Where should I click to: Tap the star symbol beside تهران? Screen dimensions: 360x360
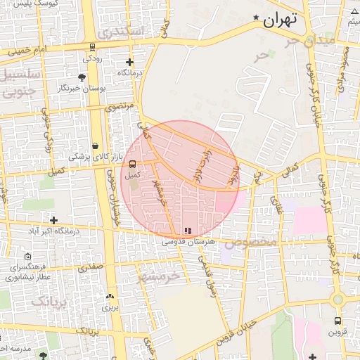257,18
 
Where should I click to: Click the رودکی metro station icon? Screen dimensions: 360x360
93,48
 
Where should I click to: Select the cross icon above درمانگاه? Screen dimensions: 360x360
128,63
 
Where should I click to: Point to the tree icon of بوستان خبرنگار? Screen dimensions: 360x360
82,77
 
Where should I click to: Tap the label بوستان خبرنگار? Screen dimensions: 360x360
82,88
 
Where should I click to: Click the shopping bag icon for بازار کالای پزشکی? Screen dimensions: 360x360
94,146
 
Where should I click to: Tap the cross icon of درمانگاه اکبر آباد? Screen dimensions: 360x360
53,220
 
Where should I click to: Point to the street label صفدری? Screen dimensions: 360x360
90,267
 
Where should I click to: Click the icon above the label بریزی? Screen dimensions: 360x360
110,297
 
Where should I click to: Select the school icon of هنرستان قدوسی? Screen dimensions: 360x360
186,231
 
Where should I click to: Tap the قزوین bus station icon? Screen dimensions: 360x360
338,321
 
